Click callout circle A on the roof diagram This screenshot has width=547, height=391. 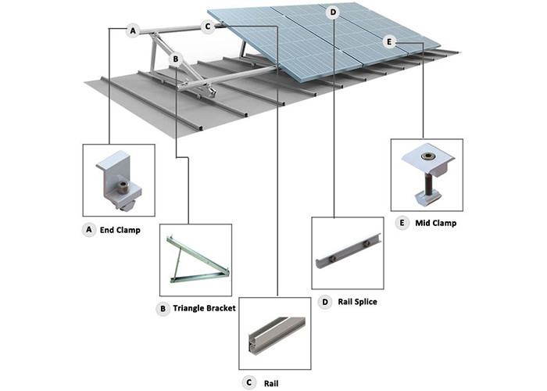click(134, 30)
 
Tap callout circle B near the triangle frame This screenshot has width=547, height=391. click(177, 59)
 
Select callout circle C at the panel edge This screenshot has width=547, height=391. click(208, 27)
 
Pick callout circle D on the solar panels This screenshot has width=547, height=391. click(334, 12)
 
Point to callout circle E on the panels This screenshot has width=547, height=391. click(391, 41)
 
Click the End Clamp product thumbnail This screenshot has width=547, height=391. click(118, 180)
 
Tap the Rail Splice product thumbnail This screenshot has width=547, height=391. click(347, 253)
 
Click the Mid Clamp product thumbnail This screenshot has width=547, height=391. click(427, 174)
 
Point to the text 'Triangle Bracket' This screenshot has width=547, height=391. click(204, 309)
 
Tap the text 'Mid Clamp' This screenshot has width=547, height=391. click(436, 223)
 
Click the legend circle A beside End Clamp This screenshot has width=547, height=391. click(88, 231)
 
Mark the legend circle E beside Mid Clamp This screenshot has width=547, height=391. click(402, 223)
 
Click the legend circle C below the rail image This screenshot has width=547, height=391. click(248, 382)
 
